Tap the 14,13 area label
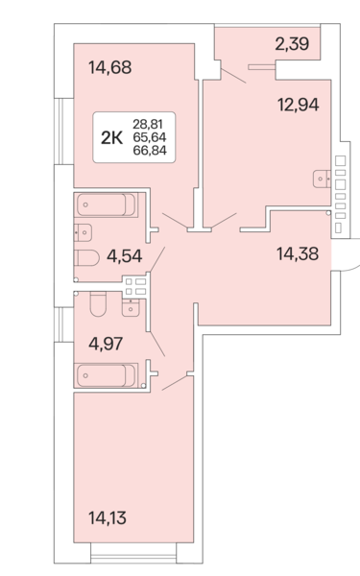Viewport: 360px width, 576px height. click(x=108, y=517)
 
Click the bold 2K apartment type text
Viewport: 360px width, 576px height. click(x=111, y=137)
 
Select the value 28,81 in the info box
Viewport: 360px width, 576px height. click(x=148, y=125)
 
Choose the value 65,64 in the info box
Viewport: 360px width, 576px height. click(x=148, y=137)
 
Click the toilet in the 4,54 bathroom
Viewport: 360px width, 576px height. click(x=86, y=257)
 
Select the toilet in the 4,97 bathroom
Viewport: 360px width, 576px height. click(x=97, y=305)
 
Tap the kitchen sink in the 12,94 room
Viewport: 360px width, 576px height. click(x=323, y=177)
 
